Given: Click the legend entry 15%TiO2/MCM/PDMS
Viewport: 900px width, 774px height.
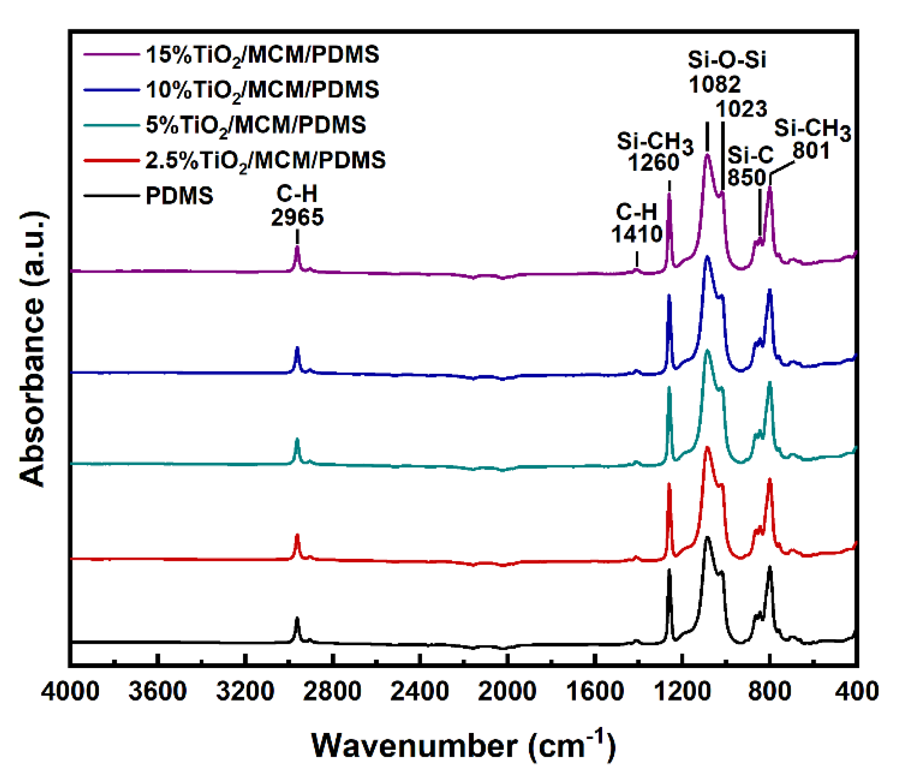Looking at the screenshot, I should (x=262, y=55).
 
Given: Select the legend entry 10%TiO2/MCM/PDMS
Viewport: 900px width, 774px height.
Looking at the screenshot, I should (x=262, y=90).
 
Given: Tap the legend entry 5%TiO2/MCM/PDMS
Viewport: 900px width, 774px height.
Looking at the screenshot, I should (x=256, y=125).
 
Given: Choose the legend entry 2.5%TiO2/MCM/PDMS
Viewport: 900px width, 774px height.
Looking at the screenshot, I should (x=265, y=160).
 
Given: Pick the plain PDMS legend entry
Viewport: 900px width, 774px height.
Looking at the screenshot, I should (x=179, y=196).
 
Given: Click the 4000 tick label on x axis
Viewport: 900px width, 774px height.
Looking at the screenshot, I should (x=70, y=691).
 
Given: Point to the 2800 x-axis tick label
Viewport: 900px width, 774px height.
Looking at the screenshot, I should (x=332, y=691).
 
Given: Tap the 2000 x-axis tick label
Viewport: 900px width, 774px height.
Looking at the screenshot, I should (x=507, y=691).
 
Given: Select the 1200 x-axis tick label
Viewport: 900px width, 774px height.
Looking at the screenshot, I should (x=682, y=691).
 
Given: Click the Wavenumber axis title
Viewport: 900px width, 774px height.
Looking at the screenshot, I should (x=463, y=746).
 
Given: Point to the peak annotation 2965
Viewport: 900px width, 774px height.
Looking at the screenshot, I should (x=297, y=217).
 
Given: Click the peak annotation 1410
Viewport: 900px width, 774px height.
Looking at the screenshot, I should (x=637, y=235).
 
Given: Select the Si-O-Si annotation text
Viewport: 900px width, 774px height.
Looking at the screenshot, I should (x=727, y=60).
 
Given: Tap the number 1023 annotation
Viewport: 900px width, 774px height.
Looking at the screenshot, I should (x=741, y=109).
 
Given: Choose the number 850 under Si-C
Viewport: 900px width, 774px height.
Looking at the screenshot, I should (x=747, y=177).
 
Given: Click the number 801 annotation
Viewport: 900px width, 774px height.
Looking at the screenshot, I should (x=811, y=151).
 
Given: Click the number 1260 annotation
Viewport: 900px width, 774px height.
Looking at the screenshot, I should (x=654, y=163).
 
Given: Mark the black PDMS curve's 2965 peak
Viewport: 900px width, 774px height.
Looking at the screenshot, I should (x=297, y=618).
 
